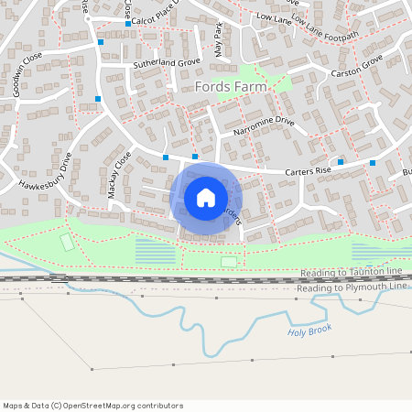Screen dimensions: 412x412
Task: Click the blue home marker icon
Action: (x=206, y=197)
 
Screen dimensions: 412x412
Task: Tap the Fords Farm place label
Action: (x=231, y=87)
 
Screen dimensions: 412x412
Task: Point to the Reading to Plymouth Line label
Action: (x=352, y=287)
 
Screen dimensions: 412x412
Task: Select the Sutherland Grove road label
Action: (x=166, y=64)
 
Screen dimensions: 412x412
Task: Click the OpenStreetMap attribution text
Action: (x=92, y=406)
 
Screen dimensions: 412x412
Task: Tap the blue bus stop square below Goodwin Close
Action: (x=97, y=98)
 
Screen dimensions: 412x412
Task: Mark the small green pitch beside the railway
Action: (x=228, y=263)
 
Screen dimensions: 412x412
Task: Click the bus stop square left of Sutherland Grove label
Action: (x=101, y=42)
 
